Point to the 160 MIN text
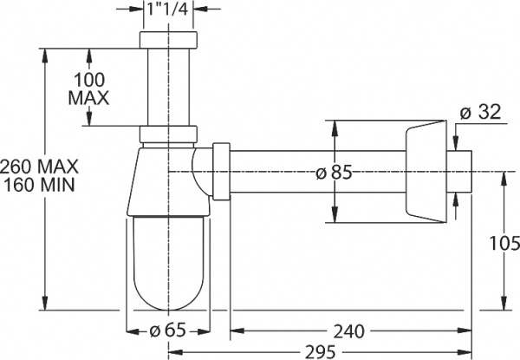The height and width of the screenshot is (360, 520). click(x=40, y=184)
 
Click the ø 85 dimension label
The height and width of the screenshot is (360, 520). click(x=334, y=173)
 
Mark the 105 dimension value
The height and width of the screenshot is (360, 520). click(x=503, y=244)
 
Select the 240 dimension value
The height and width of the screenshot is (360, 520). click(x=347, y=331)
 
